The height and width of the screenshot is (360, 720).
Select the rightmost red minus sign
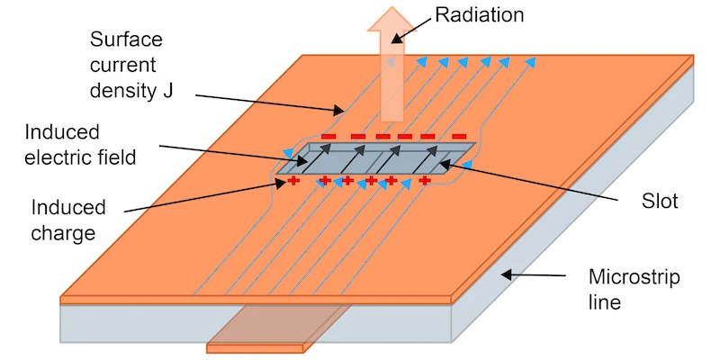pos(460,137)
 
